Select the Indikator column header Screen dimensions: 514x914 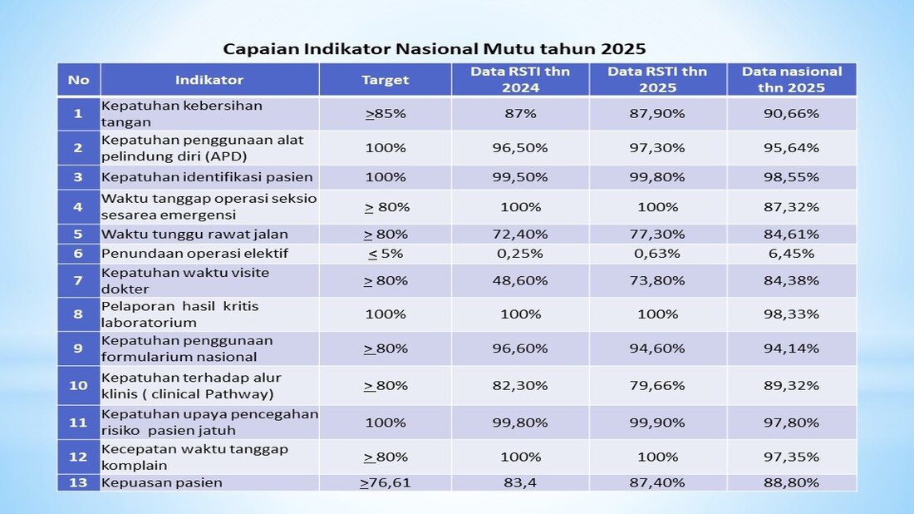coord(209,80)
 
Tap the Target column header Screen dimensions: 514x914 coord(386,80)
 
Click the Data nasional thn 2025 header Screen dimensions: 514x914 coord(791,79)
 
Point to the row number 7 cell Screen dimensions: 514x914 coord(78,280)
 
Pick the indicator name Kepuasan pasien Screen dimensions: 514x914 coord(162,482)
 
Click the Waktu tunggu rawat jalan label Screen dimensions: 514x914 coord(194,235)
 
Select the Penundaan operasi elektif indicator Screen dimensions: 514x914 coord(194,253)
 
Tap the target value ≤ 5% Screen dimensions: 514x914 coord(386,253)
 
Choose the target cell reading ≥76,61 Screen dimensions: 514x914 coord(386,482)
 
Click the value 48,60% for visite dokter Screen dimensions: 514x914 coord(520,280)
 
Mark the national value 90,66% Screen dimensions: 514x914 coord(791,113)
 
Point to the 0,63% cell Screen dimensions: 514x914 coord(657,253)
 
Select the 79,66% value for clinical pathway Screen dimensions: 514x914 coord(657,385)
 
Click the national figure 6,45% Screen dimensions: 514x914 coord(791,253)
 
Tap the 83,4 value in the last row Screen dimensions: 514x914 coord(520,482)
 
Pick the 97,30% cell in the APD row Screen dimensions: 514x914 coord(657,147)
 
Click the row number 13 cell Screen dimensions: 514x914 coord(78,482)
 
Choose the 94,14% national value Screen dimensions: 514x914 coord(791,348)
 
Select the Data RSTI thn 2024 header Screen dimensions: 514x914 coord(520,79)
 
